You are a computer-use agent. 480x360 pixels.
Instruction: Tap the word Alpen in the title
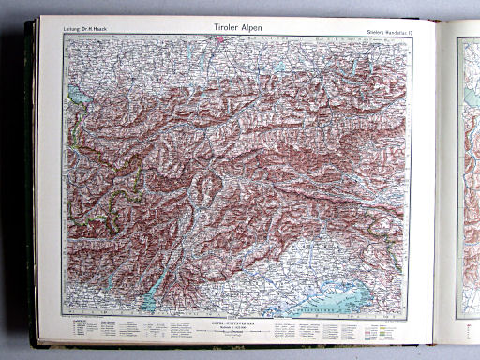[x=248, y=28]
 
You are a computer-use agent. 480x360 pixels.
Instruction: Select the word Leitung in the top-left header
[x=74, y=30]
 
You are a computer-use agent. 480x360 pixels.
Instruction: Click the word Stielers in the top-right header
[x=373, y=30]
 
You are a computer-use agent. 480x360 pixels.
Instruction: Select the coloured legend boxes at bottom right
[x=356, y=330]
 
